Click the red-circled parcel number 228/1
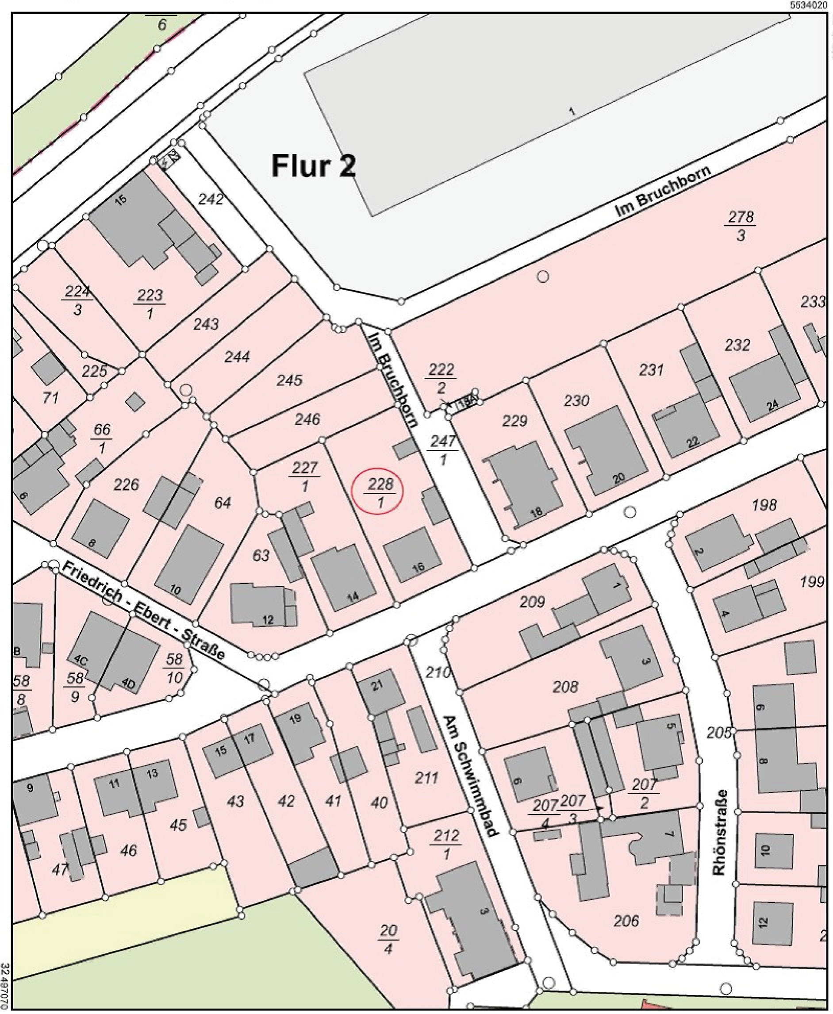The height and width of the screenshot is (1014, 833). [378, 491]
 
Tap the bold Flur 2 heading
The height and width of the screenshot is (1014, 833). [313, 166]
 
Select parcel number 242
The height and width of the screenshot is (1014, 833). [211, 199]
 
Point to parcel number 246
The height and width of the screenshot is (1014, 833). [307, 419]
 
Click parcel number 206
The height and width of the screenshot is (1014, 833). [626, 920]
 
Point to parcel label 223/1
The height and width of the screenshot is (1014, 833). [150, 304]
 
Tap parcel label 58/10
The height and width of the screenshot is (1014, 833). [174, 668]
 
